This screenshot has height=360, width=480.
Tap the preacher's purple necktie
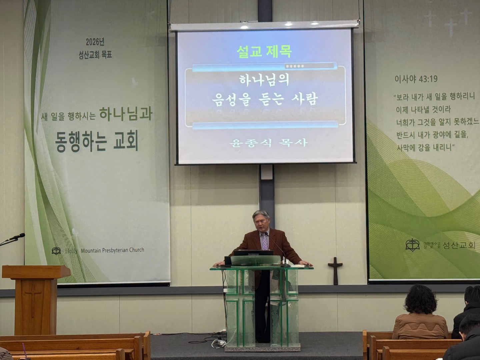point(265,241)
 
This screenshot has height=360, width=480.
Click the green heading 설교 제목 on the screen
point(264,51)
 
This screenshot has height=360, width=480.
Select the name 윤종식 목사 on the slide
point(268,143)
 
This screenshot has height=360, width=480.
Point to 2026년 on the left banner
point(95,42)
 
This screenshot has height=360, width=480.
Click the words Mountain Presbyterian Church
point(112,250)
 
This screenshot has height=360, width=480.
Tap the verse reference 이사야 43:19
point(416,79)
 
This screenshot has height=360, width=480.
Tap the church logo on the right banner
point(412,245)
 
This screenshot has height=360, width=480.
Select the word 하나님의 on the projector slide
point(264,80)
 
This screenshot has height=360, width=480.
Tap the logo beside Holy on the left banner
point(56,251)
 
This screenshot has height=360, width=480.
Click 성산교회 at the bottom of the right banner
point(459,245)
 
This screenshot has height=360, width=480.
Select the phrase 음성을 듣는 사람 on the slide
point(265,99)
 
